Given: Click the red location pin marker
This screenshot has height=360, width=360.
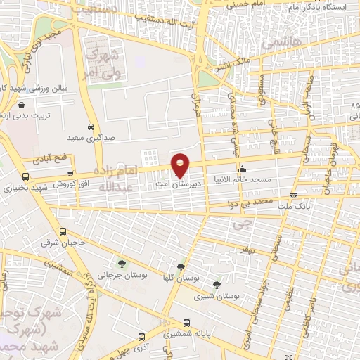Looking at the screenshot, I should (x=181, y=165).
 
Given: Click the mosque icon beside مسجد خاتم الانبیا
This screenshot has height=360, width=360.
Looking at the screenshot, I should (x=243, y=169).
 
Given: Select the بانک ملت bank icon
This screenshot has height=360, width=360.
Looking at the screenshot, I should (x=293, y=195).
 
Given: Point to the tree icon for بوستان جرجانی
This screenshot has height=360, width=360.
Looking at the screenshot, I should (x=122, y=264).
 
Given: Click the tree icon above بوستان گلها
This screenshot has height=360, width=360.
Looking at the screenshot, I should (x=181, y=266).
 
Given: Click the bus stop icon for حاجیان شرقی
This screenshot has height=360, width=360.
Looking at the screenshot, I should (x=63, y=231).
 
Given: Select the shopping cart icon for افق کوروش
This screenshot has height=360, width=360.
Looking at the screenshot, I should (x=70, y=174).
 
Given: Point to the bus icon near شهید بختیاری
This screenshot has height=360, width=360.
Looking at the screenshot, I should (x=26, y=176).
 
